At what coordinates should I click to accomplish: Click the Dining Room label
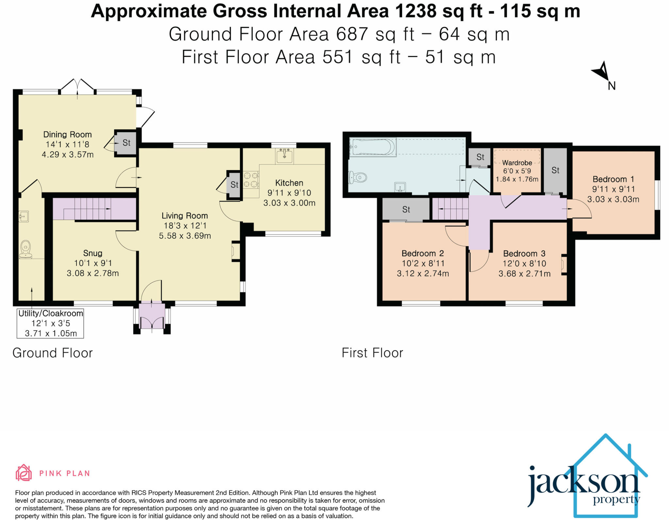pyautogui.click(x=67, y=134)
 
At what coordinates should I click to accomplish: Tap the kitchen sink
pyautogui.click(x=284, y=156)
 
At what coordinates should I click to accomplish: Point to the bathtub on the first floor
pyautogui.click(x=373, y=147)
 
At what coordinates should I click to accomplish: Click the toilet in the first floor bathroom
pyautogui.click(x=358, y=178)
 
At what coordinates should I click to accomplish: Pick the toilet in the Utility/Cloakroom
pyautogui.click(x=25, y=250)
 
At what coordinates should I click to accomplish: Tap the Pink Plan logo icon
pyautogui.click(x=24, y=473)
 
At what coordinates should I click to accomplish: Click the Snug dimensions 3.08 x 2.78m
pyautogui.click(x=93, y=273)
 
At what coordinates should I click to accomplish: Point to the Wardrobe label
pyautogui.click(x=517, y=162)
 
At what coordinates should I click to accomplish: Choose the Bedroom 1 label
pyautogui.click(x=613, y=179)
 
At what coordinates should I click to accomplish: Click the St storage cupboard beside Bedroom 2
pyautogui.click(x=406, y=209)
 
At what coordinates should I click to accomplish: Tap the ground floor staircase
pyautogui.click(x=94, y=209)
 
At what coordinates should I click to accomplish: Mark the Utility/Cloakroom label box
pyautogui.click(x=50, y=323)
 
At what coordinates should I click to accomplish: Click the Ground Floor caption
pyautogui.click(x=53, y=353)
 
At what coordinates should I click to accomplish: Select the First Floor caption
pyautogui.click(x=372, y=353)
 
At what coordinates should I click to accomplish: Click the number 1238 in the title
pyautogui.click(x=416, y=11)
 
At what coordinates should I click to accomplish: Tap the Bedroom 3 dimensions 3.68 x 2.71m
pyautogui.click(x=524, y=273)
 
